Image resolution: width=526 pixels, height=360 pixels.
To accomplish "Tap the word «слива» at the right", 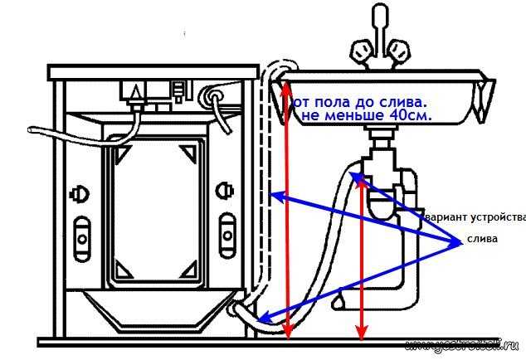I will tap(482, 239).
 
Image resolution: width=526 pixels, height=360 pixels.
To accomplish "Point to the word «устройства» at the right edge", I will tap(499, 218).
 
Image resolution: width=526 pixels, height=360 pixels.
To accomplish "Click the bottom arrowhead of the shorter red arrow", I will tap(362, 333).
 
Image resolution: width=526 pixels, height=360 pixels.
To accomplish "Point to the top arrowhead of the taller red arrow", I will tap(287, 81).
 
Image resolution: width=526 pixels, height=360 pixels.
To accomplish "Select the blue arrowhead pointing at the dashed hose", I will tap(275, 197).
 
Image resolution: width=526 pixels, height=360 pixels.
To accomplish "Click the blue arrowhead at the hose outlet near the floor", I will tap(263, 317).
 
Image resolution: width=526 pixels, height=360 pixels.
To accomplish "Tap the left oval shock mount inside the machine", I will tap(81, 233).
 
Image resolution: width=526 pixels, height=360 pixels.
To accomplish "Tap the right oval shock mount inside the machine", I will tap(227, 231).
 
